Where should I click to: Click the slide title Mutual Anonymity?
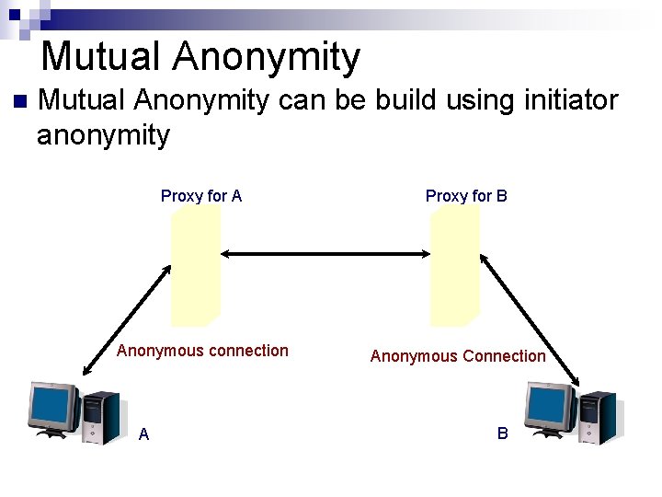pos(200,57)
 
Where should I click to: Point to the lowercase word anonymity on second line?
pos(103,135)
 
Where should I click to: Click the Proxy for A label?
pos(200,195)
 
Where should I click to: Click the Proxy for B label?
pos(466,195)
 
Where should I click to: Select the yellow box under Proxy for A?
pos(196,266)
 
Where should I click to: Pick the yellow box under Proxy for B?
pos(455,266)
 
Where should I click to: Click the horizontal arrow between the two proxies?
pos(325,253)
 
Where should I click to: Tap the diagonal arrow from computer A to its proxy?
pos(127,319)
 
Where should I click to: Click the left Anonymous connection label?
pos(202,351)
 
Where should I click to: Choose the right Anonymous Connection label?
pos(458,356)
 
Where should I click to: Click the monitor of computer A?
pos(53,409)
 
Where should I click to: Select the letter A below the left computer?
pos(143,434)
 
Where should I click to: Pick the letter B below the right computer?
pos(502,433)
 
